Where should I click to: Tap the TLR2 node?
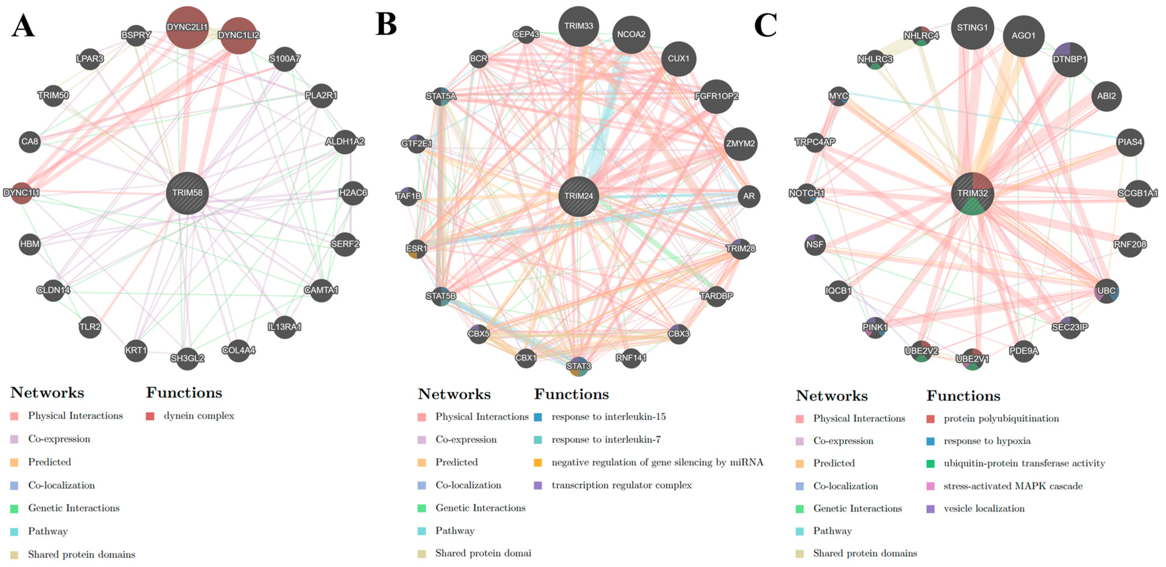coord(90,327)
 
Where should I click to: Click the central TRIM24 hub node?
coord(579,196)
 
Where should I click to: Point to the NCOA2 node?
coord(631,35)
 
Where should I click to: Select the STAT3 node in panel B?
coord(579,365)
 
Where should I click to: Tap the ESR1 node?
coord(416,249)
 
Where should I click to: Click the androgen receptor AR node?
coord(749,196)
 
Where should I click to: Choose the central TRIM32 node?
coord(972,193)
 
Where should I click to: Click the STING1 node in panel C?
coord(972,27)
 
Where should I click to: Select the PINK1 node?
coord(874,327)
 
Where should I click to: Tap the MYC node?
coord(838,96)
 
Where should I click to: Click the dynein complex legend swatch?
coord(150,416)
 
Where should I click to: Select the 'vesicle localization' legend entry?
coord(984,509)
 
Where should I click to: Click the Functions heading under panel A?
coord(184,392)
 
